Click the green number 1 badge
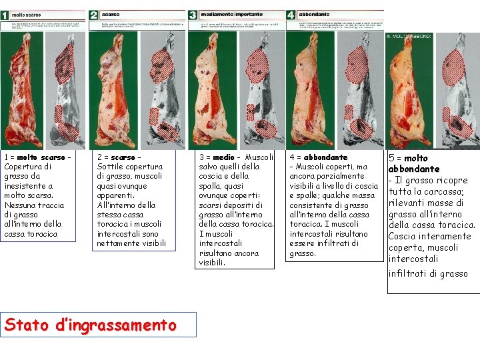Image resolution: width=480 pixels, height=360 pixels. [x=5, y=15]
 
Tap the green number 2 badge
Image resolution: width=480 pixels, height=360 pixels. [x=93, y=15]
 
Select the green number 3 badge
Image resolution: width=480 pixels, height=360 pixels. [x=193, y=15]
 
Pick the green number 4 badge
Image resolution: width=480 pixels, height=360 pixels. [x=291, y=15]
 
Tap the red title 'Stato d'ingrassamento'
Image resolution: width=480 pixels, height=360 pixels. [x=91, y=325]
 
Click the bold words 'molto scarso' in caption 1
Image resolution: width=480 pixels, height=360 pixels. [x=41, y=157]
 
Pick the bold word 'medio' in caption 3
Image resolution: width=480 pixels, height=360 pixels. [x=224, y=157]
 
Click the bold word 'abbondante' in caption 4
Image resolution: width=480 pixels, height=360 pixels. [x=325, y=157]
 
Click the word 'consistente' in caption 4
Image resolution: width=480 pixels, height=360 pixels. [x=311, y=205]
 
